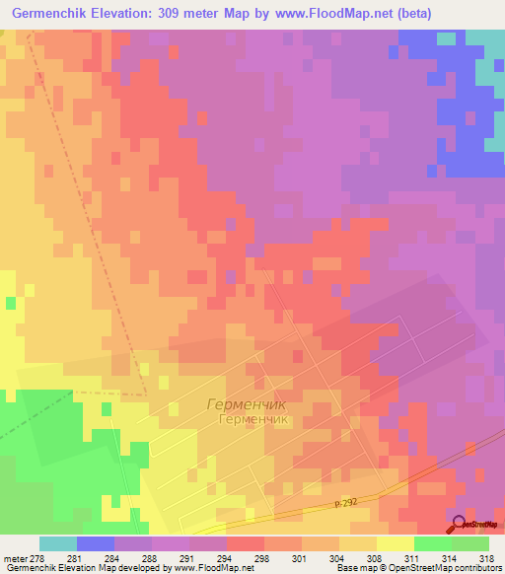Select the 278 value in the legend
tap(37, 558)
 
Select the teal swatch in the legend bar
tap(57, 543)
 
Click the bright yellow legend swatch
tap(395, 543)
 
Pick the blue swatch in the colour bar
tap(95, 543)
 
